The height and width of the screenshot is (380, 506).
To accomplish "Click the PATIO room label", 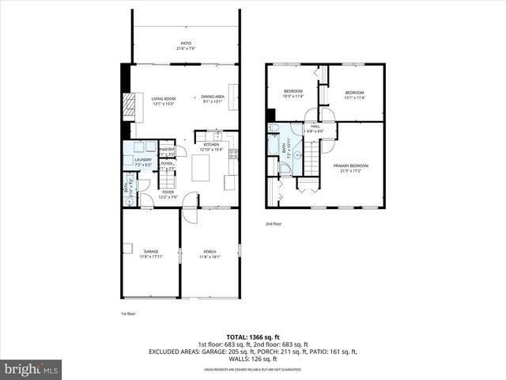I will (x=186, y=44).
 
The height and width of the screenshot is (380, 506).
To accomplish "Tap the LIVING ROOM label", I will (x=163, y=98).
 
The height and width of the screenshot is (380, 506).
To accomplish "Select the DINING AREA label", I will (x=213, y=97).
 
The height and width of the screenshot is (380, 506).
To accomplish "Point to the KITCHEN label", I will (x=211, y=145).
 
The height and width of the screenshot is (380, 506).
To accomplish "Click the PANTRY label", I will (x=167, y=149).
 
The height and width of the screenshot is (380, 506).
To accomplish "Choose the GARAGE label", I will (x=151, y=252).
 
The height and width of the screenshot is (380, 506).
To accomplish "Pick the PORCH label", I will (x=210, y=252).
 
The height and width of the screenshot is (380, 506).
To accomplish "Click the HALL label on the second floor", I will (x=315, y=127).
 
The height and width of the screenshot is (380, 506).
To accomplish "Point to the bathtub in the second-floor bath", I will (x=274, y=146).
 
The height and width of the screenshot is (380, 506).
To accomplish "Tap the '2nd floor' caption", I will (x=274, y=224).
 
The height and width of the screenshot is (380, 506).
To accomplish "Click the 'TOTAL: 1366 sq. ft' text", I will (x=252, y=337).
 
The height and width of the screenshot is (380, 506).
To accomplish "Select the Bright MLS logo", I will (x=32, y=369).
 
